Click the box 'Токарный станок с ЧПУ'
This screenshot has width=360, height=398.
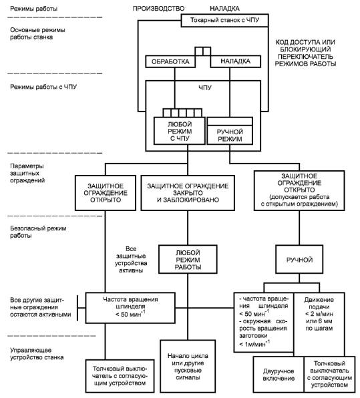(224, 20)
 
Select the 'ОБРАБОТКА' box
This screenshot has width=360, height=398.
(170, 61)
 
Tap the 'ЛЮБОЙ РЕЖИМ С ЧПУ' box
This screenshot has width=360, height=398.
(180, 131)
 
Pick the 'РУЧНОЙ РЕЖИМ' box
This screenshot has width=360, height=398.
(230, 131)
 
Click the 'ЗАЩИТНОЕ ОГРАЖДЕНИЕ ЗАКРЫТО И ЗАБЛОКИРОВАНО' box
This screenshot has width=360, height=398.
(188, 193)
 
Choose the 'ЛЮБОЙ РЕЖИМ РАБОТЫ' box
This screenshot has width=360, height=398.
(188, 259)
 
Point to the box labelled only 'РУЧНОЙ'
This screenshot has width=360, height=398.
(299, 259)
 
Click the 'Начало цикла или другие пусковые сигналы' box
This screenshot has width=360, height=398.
(188, 366)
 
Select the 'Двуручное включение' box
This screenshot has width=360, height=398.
(279, 375)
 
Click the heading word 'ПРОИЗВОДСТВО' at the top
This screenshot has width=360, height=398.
(158, 9)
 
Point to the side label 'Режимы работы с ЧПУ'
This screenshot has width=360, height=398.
(43, 87)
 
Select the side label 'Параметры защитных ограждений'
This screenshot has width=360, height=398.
(27, 173)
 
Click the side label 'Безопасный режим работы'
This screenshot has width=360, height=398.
(38, 232)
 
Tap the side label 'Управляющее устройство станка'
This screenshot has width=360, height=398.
(37, 354)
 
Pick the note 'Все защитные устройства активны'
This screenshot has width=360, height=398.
(131, 259)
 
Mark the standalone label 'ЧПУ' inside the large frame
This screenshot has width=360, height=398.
(205, 88)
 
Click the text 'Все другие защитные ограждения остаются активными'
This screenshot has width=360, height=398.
(40, 307)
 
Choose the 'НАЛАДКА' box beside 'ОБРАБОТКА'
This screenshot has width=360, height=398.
(236, 61)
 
